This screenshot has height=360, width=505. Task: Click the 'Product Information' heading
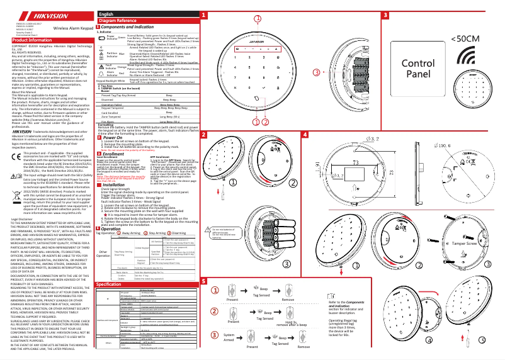[31, 40]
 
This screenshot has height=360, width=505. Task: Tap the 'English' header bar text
[107, 14]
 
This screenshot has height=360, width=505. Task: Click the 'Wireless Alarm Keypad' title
[73, 29]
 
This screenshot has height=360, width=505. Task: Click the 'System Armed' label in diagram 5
[229, 339]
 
